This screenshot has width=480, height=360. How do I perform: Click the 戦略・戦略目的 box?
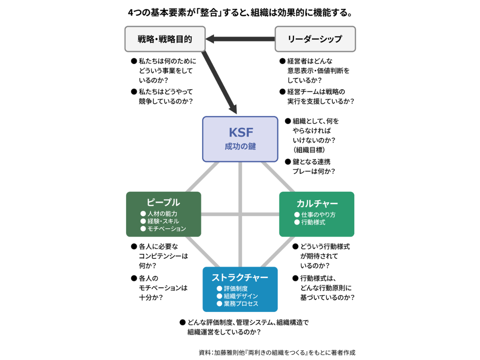point(165,39)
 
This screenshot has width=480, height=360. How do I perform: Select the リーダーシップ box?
point(315,39)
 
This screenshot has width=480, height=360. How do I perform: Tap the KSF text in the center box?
point(241,132)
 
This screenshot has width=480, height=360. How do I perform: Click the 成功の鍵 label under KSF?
point(240,146)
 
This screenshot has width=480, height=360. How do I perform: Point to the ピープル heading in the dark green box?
point(163,202)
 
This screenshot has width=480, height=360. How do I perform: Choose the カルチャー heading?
point(317,204)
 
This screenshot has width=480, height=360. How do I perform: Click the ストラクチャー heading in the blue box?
point(240,278)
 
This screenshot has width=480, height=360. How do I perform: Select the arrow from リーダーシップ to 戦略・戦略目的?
point(240,39)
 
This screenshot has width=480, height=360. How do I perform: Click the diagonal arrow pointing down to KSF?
point(219,82)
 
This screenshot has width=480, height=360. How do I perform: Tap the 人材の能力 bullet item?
point(159,214)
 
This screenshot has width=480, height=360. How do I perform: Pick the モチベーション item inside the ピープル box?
point(163,229)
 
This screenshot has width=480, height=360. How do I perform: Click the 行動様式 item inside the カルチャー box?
point(310,222)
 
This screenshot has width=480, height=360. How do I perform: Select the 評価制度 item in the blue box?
point(232,288)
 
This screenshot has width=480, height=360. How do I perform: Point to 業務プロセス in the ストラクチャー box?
point(238,304)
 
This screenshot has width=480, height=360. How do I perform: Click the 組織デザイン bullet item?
point(238,296)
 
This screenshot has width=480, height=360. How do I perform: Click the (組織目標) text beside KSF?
point(309,150)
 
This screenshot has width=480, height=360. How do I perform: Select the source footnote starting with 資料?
point(277,352)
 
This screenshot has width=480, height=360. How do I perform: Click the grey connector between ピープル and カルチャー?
point(240,214)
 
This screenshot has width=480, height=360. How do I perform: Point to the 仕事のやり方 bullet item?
point(315,215)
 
